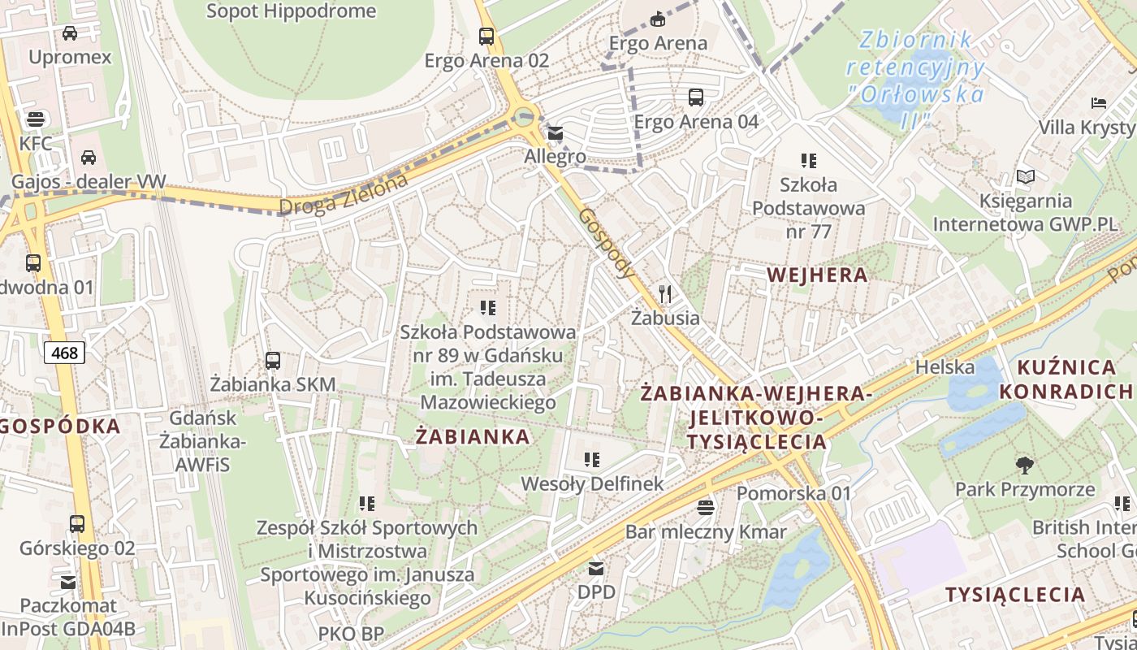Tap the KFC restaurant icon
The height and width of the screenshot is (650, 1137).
(35, 119)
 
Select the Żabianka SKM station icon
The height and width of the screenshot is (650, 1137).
(273, 360)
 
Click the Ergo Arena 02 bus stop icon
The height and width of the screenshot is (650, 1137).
(486, 37)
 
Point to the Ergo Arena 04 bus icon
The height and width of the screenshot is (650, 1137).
(696, 97)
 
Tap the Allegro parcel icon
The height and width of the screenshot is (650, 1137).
(555, 133)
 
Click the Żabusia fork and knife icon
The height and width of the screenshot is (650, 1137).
(666, 293)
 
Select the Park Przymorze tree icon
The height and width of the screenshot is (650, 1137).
(1025, 466)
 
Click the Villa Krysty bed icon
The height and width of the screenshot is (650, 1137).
(1099, 103)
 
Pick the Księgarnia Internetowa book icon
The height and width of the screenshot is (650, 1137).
(1026, 176)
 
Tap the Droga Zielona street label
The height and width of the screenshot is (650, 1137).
(343, 195)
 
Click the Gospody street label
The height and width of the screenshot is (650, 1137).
(607, 243)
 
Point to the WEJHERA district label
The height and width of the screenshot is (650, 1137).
(817, 275)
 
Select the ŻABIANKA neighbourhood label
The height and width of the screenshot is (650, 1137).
(473, 436)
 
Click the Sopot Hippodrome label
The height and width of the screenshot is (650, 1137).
(291, 11)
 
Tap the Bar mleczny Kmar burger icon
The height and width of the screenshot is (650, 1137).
(706, 508)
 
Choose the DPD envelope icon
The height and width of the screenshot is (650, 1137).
(597, 567)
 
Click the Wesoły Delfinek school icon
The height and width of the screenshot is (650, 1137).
(592, 460)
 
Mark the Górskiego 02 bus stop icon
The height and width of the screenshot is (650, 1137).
(77, 524)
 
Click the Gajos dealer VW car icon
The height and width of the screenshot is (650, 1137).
(88, 158)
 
